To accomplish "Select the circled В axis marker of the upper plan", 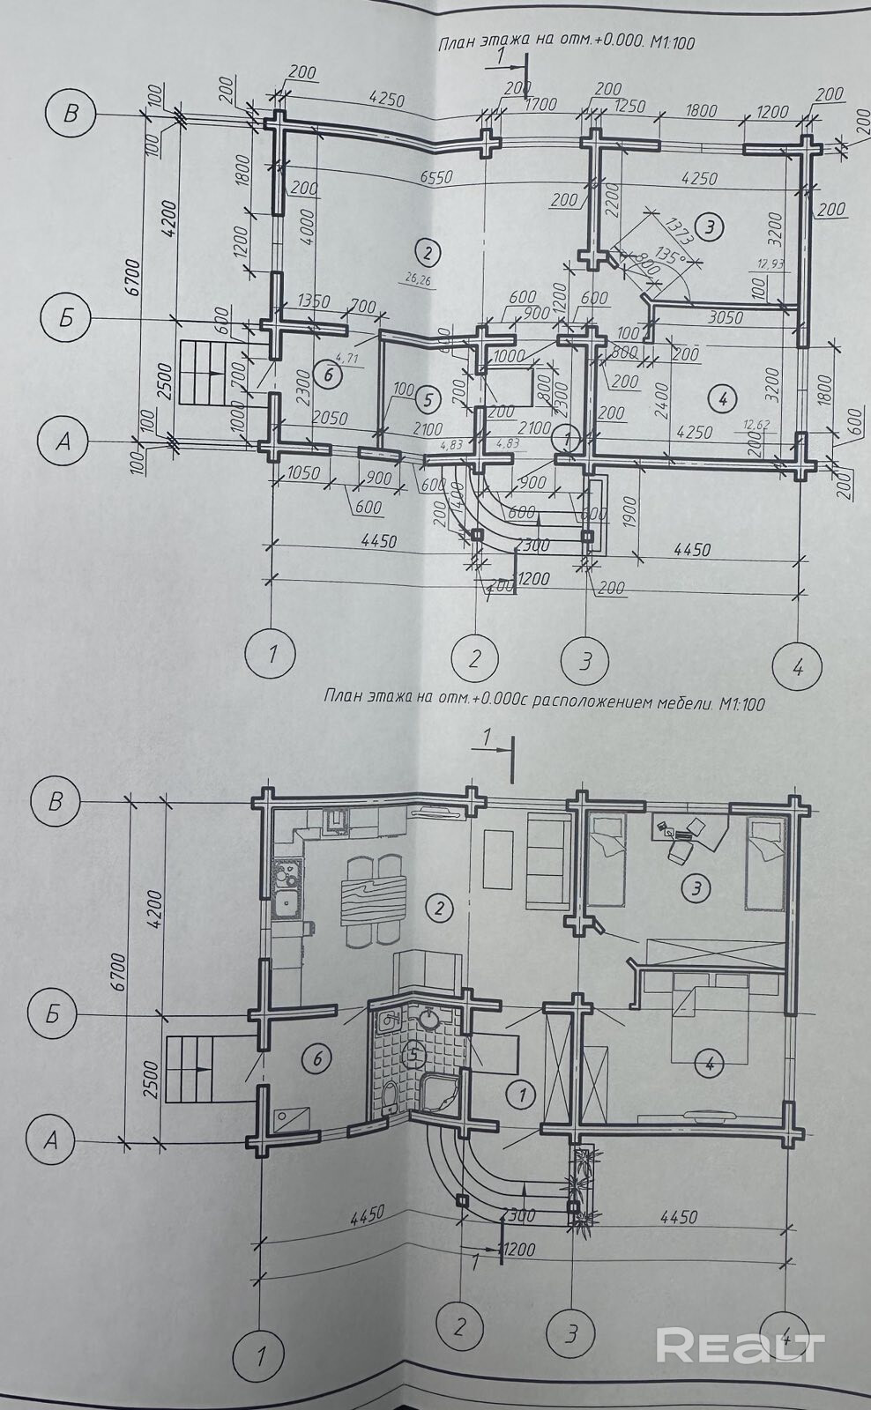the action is (x=71, y=114).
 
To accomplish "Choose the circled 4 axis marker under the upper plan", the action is (x=797, y=667).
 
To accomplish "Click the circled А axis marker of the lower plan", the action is (x=51, y=1141).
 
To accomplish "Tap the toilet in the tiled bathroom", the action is (x=389, y=1098).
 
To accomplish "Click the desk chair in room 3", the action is (x=679, y=852).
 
